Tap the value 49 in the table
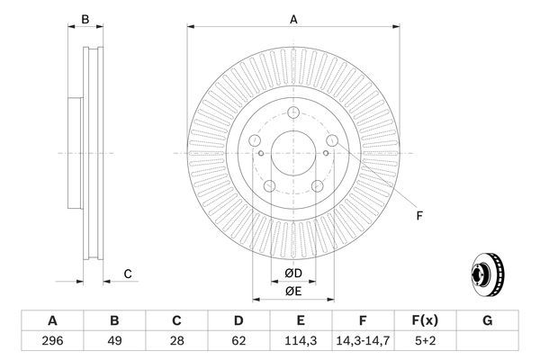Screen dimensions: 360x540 (x=114, y=341)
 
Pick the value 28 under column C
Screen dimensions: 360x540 (x=177, y=341)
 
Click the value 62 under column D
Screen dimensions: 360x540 (x=239, y=341)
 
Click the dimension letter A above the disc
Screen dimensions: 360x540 (x=293, y=18)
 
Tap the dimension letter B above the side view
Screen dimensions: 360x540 (x=85, y=18)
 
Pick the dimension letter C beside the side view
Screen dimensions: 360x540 (x=128, y=274)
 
